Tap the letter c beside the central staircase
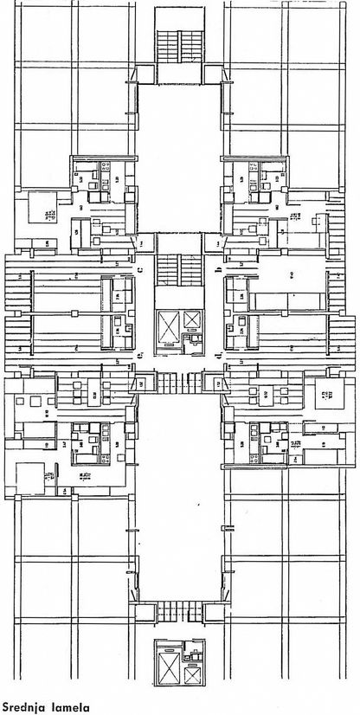(140, 270)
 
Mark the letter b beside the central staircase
(218, 270)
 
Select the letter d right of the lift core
(219, 355)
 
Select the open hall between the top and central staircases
(180, 156)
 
